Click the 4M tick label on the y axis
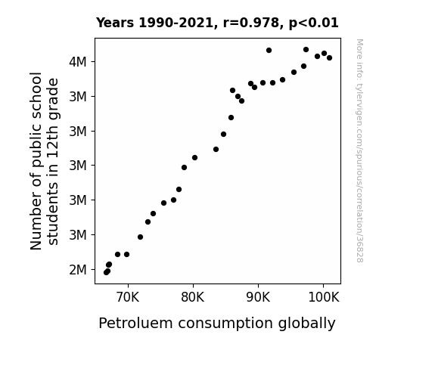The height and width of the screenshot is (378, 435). (78, 61)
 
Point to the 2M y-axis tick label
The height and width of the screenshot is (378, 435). (78, 270)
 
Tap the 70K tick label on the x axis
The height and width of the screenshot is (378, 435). (128, 297)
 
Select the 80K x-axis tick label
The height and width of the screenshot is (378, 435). (192, 297)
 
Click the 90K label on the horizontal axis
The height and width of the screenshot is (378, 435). (258, 297)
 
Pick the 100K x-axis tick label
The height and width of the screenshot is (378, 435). (324, 297)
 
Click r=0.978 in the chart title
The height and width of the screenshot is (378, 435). (251, 23)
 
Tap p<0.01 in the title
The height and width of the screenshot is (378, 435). (313, 23)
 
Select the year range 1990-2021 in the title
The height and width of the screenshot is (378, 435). (176, 23)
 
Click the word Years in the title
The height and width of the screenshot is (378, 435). (115, 23)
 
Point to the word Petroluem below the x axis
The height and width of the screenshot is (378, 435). (135, 323)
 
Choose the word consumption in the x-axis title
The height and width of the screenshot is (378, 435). (225, 324)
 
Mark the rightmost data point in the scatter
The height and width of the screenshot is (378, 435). (329, 58)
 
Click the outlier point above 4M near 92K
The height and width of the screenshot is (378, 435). (269, 51)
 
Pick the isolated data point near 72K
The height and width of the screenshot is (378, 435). (141, 237)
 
